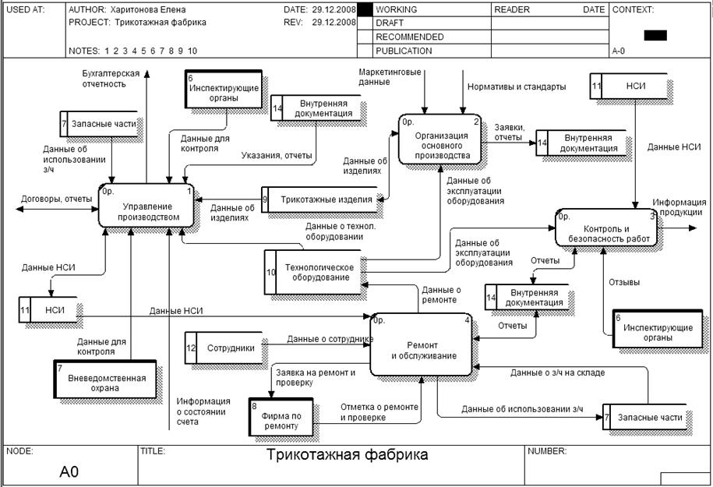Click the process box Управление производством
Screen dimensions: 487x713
146,206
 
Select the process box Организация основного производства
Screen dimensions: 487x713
443,140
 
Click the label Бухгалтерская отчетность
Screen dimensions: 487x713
111,78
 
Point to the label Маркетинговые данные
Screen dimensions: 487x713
390,76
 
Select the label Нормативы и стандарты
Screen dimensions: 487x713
517,87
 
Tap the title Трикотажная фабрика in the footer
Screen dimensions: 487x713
348,454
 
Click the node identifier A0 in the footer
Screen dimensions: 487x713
69,471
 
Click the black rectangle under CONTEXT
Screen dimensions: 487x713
655,35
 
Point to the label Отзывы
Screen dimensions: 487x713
624,282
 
